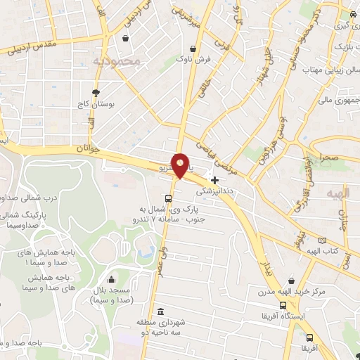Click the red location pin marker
(181, 165)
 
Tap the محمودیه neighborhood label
(117, 62)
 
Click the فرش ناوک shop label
(194, 60)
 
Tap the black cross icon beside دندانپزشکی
(214, 179)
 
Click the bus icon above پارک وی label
(169, 198)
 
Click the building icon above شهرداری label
(161, 311)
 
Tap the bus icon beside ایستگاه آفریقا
(283, 305)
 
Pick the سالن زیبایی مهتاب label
(328, 70)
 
